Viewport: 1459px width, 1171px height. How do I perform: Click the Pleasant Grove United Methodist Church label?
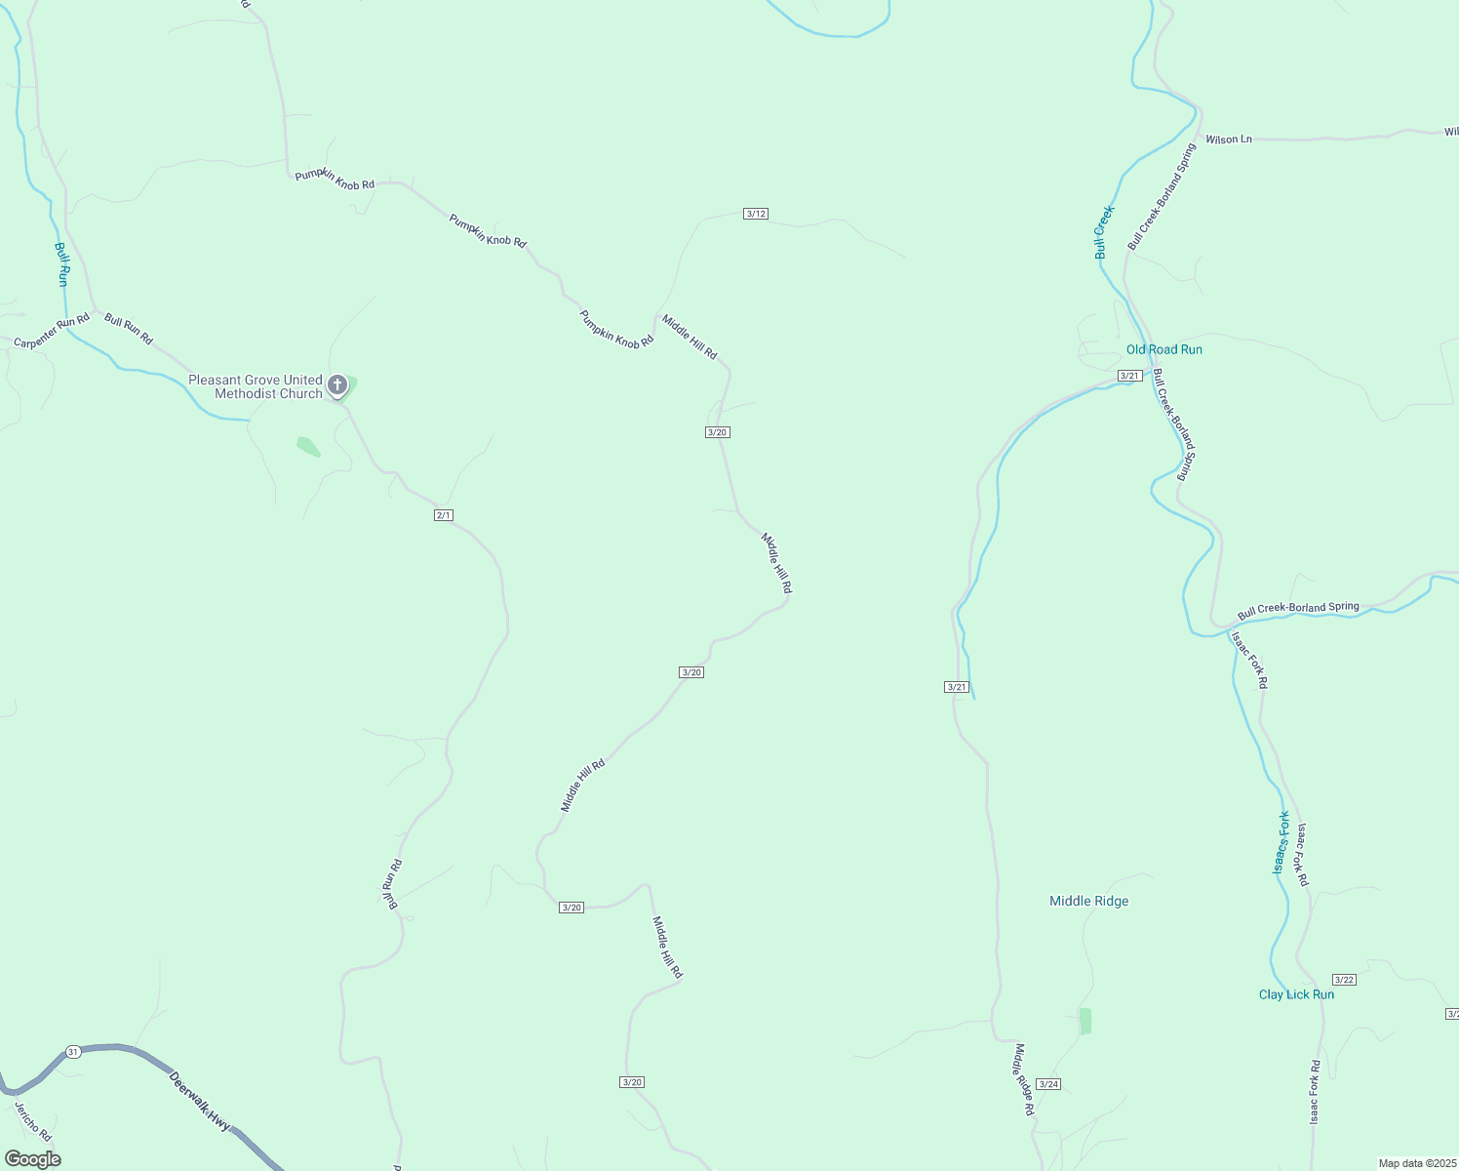(256, 387)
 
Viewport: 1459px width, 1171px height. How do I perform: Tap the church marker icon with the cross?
(337, 384)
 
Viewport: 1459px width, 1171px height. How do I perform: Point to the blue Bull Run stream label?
(62, 263)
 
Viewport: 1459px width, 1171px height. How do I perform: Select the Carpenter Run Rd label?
(52, 331)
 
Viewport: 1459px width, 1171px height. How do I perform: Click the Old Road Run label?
(1163, 349)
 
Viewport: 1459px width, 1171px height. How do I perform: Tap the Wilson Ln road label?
(1228, 140)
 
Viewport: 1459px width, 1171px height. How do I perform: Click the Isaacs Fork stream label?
(1282, 842)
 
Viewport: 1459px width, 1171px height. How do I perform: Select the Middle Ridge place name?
(1088, 901)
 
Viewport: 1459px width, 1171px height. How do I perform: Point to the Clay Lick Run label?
(1296, 994)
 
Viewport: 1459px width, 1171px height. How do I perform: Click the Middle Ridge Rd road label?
(1024, 1080)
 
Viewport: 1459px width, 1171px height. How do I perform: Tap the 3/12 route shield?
(756, 214)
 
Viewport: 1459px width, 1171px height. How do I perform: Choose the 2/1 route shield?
(444, 515)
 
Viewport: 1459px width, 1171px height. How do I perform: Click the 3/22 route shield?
(1344, 980)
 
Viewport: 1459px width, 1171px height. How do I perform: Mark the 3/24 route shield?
(1048, 1084)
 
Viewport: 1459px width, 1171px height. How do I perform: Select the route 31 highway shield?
(73, 1051)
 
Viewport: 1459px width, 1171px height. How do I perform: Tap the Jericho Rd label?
(32, 1121)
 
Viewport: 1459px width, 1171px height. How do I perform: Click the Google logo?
(33, 1159)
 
